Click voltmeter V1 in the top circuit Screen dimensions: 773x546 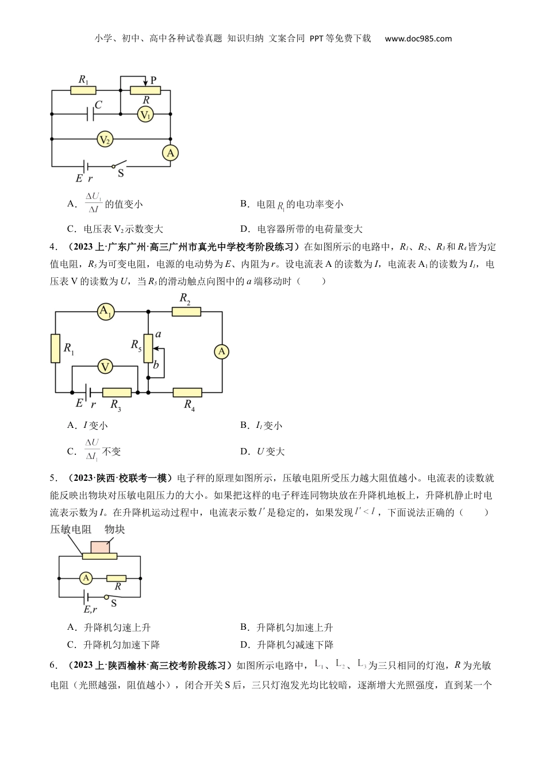[145, 115]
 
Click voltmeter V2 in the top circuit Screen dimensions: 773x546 [105, 139]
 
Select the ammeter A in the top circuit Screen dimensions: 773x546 [170, 153]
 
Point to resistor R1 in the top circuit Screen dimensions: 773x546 [83, 90]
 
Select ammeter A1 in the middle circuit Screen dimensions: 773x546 [106, 312]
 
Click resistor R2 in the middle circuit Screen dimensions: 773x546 [186, 312]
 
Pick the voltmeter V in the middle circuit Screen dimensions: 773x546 [105, 366]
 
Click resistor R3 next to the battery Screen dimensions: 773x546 [117, 392]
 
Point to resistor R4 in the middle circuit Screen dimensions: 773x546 [187, 392]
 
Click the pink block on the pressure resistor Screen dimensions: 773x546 [100, 546]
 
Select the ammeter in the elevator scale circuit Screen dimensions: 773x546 [86, 578]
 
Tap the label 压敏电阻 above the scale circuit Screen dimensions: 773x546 [71, 529]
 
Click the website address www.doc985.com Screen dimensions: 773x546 [418, 39]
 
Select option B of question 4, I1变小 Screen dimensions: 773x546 [262, 426]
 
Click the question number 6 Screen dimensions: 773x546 [53, 665]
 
